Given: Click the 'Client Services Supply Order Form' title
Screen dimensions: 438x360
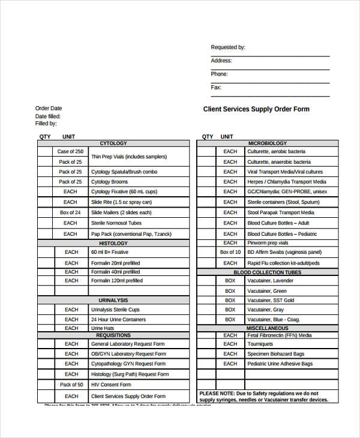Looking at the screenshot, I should pos(256,109).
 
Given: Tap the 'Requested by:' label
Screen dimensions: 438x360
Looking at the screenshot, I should pos(227,47).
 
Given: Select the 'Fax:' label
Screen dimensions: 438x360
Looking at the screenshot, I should pos(216,88).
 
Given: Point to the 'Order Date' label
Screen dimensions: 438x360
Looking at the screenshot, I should pos(48,109).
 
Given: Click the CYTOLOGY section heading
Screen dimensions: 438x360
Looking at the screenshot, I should pos(113,143).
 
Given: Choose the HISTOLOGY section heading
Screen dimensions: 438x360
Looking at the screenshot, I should pos(113,244).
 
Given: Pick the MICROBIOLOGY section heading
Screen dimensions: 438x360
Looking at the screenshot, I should pos(267,143).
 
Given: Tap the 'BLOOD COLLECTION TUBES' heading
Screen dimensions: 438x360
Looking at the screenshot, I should pos(267,272).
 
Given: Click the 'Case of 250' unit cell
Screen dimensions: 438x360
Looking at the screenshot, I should pos(71,152).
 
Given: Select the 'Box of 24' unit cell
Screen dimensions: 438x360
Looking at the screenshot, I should pos(71,212).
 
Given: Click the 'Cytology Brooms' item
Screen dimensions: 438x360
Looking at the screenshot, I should pos(109,182).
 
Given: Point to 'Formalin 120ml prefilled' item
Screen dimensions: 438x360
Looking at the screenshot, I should pos(116,280).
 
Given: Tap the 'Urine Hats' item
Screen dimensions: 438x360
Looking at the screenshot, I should pos(103,328).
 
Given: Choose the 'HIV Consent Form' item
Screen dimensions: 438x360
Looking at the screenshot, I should pos(111,385).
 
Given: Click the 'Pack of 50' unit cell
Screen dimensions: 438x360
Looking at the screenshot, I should pos(71,385).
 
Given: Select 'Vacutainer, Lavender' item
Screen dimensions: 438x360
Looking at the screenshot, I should pos(271,281).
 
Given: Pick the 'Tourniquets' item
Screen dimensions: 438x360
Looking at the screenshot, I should pos(260,344).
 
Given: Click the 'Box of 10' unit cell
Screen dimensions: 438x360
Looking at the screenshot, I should pos(230,252).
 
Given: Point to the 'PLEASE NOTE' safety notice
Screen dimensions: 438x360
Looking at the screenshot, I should pos(263,396).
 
